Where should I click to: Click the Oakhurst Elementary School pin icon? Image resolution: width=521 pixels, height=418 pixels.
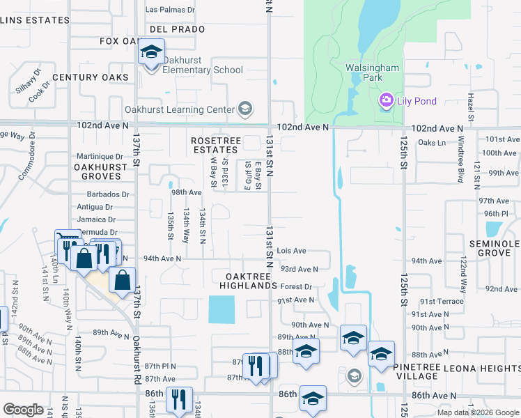[150, 52]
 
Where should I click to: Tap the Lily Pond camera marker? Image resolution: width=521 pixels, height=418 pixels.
[386, 102]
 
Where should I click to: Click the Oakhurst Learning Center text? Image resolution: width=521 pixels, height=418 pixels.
[179, 109]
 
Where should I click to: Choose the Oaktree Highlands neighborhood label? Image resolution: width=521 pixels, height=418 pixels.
[249, 281]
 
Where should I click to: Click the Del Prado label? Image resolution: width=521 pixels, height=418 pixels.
[177, 29]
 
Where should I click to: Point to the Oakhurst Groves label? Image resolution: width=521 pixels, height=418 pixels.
[100, 171]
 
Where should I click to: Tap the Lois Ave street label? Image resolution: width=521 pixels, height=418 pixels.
[291, 251]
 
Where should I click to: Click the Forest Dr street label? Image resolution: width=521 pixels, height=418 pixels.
[296, 286]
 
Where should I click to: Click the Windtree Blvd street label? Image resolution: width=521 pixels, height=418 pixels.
[460, 164]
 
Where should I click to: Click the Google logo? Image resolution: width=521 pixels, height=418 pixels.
[23, 410]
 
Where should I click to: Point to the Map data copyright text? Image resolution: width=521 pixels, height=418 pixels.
[477, 412]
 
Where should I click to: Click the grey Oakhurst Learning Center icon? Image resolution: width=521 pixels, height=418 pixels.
[244, 109]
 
